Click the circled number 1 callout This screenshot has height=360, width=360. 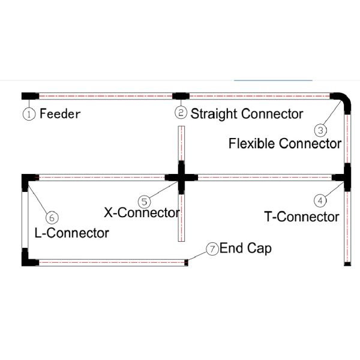(x=28, y=113)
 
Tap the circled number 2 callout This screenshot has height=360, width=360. (x=181, y=113)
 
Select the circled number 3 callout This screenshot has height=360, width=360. (x=320, y=128)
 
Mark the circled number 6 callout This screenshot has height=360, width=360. (x=52, y=217)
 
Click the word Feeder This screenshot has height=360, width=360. (x=60, y=113)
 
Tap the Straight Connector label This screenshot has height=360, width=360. (x=247, y=113)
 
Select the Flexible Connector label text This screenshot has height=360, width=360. (x=285, y=143)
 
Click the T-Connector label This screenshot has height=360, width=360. (x=302, y=217)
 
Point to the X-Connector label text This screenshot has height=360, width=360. (x=142, y=212)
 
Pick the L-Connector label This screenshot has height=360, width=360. (x=72, y=233)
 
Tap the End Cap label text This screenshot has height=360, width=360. (x=245, y=248)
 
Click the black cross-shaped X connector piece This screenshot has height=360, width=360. (x=181, y=177)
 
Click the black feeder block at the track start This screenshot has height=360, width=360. (x=30, y=95)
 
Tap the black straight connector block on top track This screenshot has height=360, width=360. (x=181, y=95)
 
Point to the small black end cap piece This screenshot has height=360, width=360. (x=187, y=262)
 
